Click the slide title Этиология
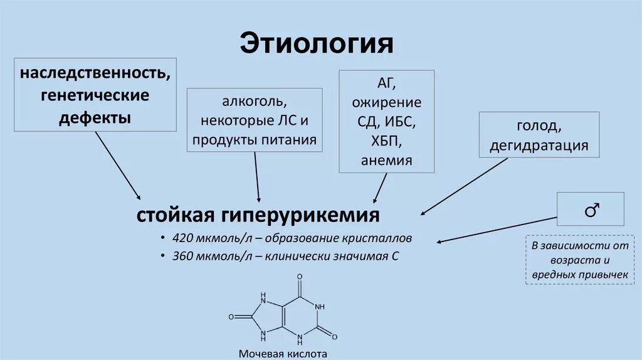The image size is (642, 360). coord(316,44)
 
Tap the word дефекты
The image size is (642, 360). coord(95,117)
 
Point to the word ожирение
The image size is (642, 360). coord(386,102)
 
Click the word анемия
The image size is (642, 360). coord(386,160)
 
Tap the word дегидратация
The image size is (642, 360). coord(539,146)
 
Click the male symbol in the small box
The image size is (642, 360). coord(591,210)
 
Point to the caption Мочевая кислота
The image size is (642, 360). coord(283,354)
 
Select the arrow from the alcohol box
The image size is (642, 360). coord(257,177)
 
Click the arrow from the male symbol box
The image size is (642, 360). coord(495,230)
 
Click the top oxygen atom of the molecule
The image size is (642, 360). coord(300,277)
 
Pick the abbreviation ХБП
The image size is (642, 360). coord(386,141)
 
